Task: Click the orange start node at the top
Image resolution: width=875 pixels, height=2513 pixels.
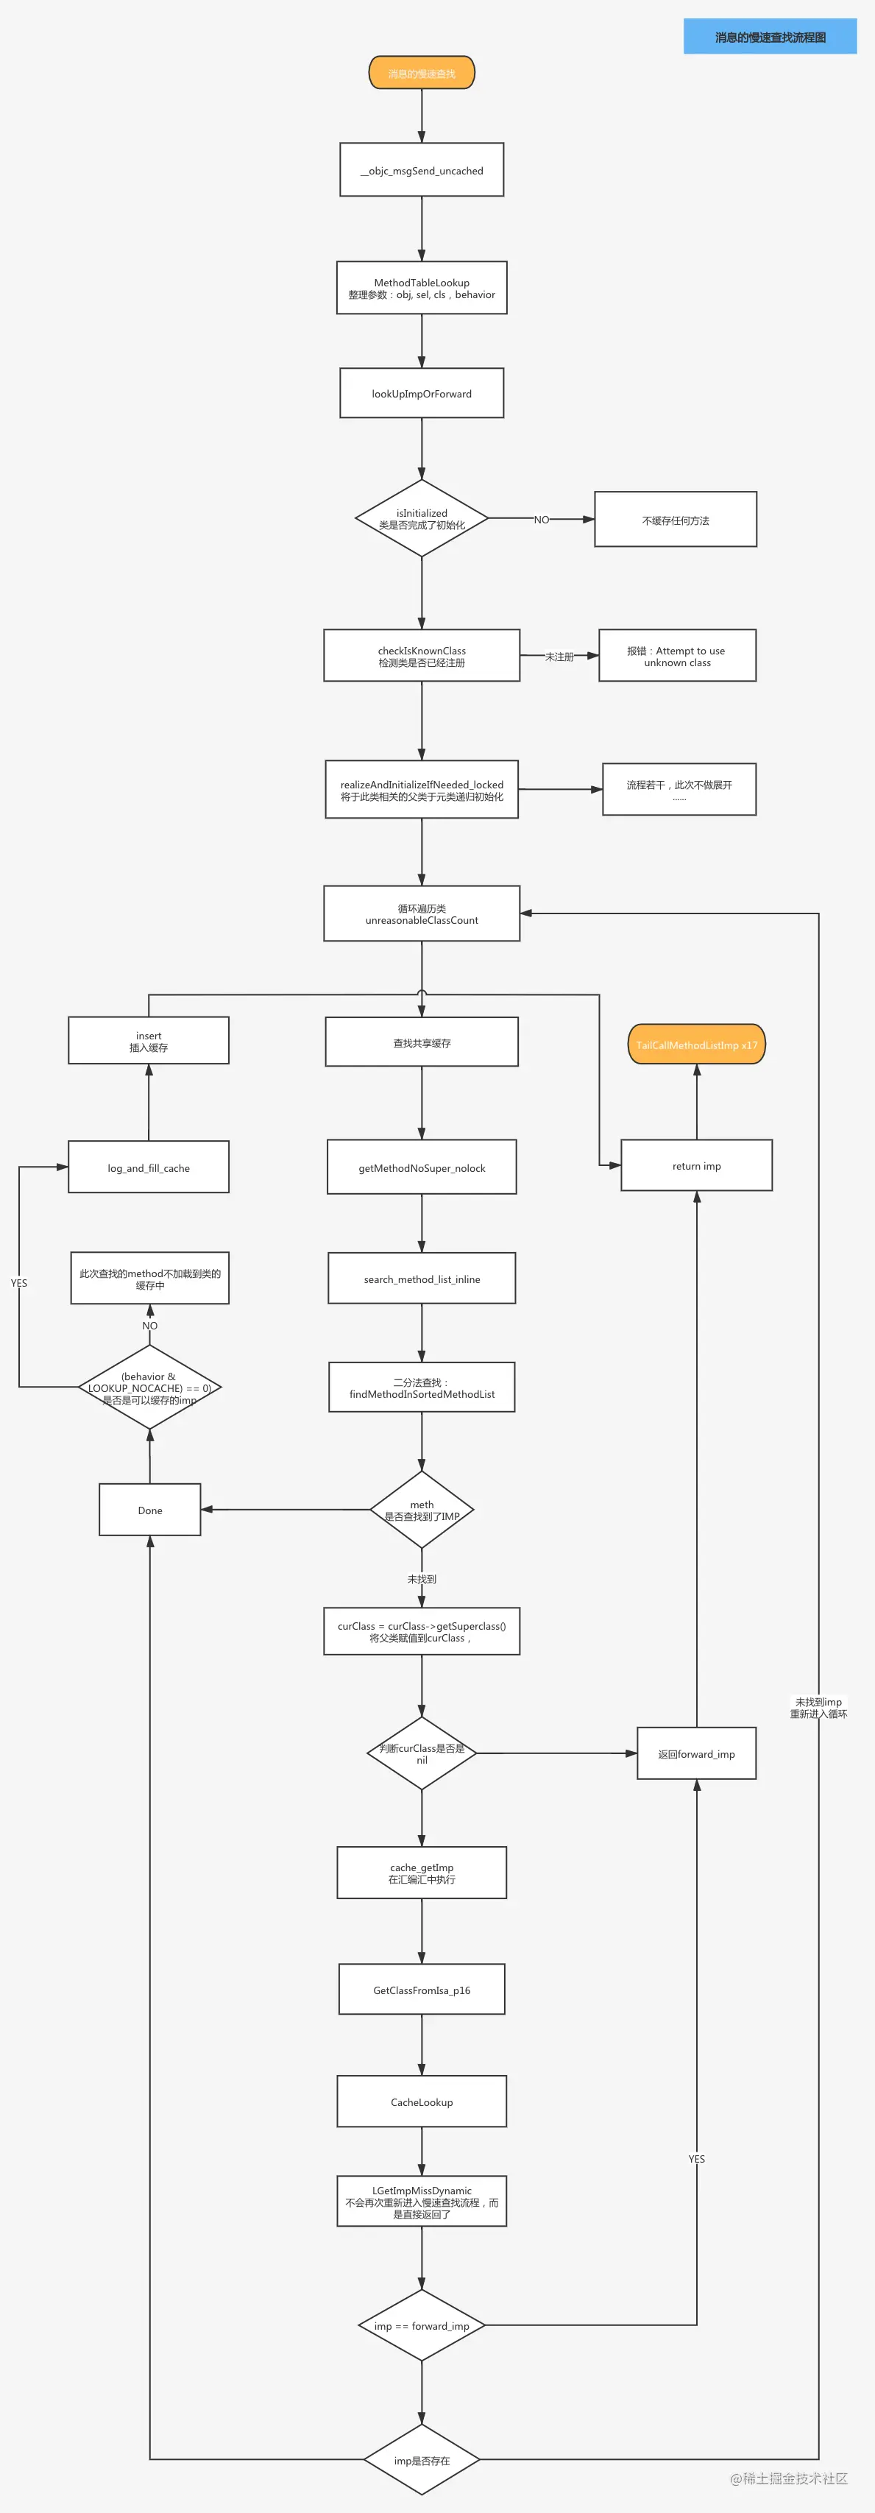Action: tap(422, 73)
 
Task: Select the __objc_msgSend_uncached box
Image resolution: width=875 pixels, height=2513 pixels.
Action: tap(422, 170)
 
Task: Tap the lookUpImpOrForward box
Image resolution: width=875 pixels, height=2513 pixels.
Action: tap(422, 393)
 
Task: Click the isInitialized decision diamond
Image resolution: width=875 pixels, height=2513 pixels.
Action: tap(422, 518)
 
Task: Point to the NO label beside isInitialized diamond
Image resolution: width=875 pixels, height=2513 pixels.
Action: tap(542, 519)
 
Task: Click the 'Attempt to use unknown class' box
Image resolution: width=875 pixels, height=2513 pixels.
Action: tap(677, 656)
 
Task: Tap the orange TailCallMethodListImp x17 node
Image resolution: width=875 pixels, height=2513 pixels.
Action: tap(696, 1044)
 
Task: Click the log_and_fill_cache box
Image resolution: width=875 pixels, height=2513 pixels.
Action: tap(148, 1167)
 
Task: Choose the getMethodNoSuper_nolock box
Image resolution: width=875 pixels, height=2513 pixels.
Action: tap(422, 1167)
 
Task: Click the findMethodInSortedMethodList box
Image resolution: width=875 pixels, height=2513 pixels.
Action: tap(422, 1388)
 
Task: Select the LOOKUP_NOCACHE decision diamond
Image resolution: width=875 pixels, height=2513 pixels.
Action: tap(149, 1388)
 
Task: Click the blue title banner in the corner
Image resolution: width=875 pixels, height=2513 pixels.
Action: tap(770, 36)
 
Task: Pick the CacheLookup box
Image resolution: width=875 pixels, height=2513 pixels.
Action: tap(422, 2102)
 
